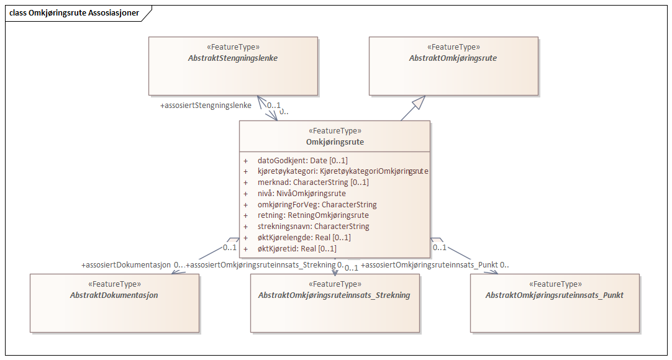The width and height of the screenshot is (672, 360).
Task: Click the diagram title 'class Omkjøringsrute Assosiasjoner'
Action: pos(74,12)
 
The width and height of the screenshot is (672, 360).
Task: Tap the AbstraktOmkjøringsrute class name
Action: pos(453,58)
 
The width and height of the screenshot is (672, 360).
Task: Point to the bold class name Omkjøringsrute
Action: pos(335,142)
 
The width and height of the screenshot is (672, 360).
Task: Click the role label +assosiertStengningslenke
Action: pos(206,106)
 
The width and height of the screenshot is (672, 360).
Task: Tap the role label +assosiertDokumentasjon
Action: pos(126,265)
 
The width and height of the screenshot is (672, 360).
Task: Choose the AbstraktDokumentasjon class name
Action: pos(114,295)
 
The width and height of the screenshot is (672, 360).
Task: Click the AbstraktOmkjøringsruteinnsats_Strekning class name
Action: pos(334,295)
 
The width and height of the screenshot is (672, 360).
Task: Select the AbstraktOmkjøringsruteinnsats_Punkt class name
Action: pos(554,295)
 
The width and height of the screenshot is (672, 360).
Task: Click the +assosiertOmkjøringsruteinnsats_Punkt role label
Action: pos(429,265)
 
